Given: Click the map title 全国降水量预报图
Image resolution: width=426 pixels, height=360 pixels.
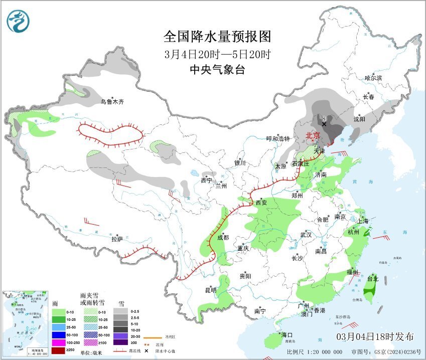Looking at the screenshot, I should click(x=217, y=37).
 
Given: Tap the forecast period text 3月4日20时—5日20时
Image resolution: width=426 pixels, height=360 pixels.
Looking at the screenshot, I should click(x=217, y=54).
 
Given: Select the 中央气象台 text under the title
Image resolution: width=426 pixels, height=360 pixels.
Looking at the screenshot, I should click(x=217, y=70).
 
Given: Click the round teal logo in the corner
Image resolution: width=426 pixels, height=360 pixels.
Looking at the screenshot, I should click(x=18, y=21).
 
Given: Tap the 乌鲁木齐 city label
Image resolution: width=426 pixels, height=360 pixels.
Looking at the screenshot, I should click(x=111, y=102).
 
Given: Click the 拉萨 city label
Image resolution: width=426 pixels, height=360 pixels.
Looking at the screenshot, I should click(x=117, y=239).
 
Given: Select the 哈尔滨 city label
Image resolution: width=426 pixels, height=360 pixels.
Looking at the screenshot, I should click(x=373, y=78).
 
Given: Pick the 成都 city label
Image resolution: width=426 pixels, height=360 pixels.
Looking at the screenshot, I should click(x=223, y=238).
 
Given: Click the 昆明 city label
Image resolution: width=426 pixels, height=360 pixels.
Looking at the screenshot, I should click(x=211, y=290).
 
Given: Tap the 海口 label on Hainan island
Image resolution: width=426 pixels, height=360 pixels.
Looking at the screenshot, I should click(x=287, y=335).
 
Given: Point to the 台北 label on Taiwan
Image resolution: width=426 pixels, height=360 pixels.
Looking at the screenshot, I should click(x=372, y=279).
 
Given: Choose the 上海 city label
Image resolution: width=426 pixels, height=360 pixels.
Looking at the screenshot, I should click(x=363, y=221).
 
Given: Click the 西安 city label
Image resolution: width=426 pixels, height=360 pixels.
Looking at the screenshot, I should click(x=261, y=203).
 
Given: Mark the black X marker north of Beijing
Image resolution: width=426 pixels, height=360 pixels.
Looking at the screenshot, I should click(x=325, y=123).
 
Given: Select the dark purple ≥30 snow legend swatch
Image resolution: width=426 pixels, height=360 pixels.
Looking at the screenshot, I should click(x=120, y=342).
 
